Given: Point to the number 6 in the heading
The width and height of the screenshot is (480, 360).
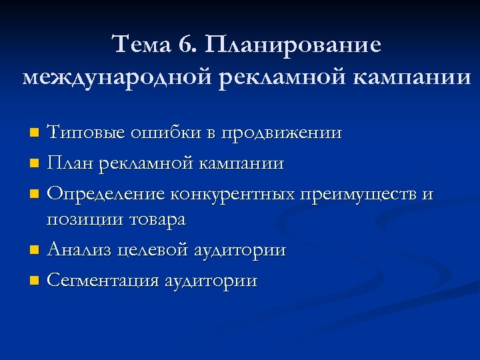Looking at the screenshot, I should [186, 45].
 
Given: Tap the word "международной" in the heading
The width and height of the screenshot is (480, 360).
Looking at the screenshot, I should [114, 77].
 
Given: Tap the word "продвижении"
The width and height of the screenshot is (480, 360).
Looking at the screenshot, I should [280, 133].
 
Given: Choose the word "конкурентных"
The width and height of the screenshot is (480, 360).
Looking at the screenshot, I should [232, 194].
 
